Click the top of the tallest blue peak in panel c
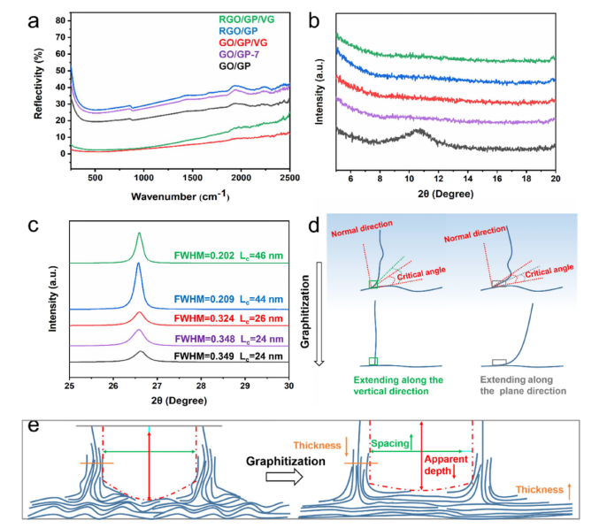(138, 264)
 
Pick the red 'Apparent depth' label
(447, 467)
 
